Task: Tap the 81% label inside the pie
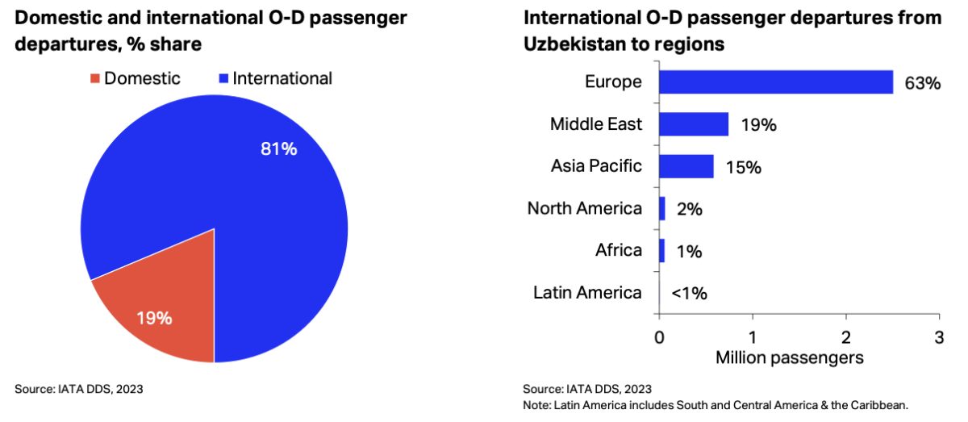[279, 150]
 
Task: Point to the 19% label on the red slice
[153, 318]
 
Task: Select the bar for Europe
[775, 82]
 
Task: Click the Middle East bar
[694, 124]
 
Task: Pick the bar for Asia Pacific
[686, 166]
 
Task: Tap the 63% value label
[923, 83]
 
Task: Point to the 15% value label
[745, 167]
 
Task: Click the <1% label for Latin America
[689, 293]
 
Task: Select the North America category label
[585, 208]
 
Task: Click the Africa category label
[618, 250]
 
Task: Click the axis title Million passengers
[790, 356]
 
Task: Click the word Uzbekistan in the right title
[572, 44]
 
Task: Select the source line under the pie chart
[78, 389]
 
